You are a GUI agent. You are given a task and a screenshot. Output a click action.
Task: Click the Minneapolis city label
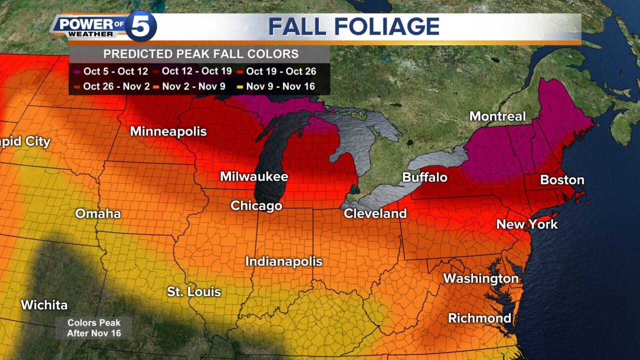click(168, 131)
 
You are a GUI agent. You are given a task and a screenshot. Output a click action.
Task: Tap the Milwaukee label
click(254, 176)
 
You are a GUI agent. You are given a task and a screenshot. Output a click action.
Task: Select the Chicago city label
click(256, 206)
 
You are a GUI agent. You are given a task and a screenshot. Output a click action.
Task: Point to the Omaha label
click(98, 214)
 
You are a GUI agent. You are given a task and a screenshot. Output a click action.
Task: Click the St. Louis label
click(193, 291)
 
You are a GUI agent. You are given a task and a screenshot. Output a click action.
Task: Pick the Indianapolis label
click(283, 261)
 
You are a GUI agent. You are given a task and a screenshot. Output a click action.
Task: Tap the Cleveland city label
click(375, 214)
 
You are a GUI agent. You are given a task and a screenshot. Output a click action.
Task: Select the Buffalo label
click(424, 177)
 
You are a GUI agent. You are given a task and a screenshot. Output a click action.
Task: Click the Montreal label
click(497, 116)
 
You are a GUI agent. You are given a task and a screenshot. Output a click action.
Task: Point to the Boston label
click(562, 180)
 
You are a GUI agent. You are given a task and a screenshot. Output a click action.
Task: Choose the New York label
click(526, 224)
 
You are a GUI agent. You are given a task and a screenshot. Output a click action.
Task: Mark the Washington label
click(480, 278)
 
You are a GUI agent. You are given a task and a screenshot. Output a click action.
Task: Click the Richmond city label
click(479, 318)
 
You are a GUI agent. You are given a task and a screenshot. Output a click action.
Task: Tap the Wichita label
click(44, 304)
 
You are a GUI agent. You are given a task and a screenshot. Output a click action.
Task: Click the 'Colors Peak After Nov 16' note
click(93, 328)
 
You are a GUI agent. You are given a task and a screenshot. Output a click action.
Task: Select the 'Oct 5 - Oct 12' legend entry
click(111, 71)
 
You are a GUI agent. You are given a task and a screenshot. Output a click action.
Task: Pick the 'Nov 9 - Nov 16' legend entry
click(276, 86)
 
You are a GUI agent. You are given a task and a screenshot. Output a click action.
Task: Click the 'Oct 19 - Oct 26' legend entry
click(276, 71)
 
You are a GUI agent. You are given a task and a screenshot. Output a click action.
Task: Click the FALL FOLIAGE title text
click(354, 26)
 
